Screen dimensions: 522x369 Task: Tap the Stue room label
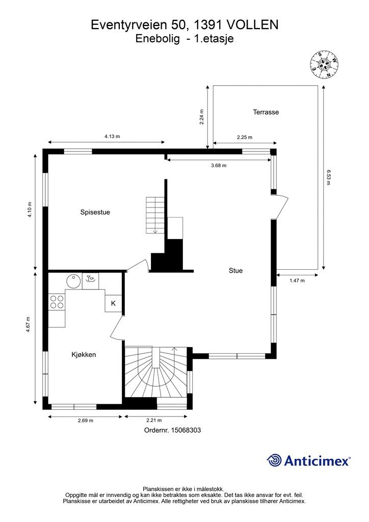pos(235,271)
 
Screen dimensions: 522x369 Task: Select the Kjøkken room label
pos(84,354)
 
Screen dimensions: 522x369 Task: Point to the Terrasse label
pos(266,112)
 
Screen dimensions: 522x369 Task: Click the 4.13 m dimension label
pos(112,136)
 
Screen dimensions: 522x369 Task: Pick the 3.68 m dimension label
pos(219,165)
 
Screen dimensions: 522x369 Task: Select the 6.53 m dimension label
pos(329,177)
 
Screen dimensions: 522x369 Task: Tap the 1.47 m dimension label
pos(297,281)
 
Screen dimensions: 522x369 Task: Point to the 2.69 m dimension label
pos(85,421)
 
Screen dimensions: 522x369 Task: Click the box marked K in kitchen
pos(113,303)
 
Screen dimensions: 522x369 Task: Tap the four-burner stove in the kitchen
pos(57,302)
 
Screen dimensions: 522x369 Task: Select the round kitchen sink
pos(73,280)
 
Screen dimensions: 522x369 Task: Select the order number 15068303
pos(173,430)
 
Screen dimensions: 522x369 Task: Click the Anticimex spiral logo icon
pos(274,460)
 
